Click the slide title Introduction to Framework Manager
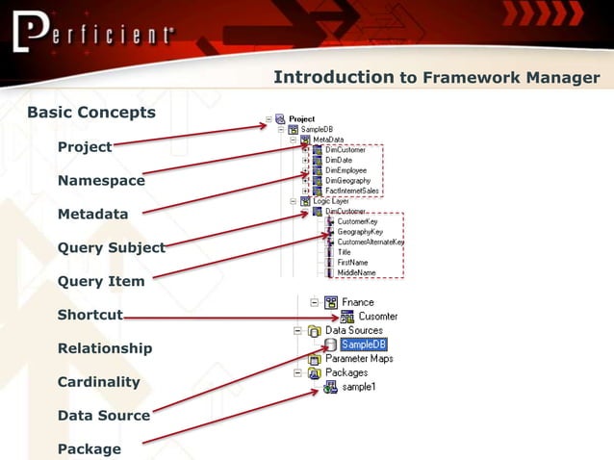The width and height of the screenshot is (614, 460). pyautogui.click(x=436, y=78)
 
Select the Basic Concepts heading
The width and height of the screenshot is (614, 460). pyautogui.click(x=90, y=113)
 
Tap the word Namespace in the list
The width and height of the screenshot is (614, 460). pyautogui.click(x=101, y=181)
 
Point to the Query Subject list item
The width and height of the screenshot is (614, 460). pyautogui.click(x=111, y=248)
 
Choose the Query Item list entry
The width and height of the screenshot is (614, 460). pyautogui.click(x=101, y=282)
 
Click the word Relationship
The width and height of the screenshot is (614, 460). pyautogui.click(x=104, y=348)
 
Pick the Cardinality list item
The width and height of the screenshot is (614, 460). pyautogui.click(x=98, y=382)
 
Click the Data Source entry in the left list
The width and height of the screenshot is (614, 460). pyautogui.click(x=103, y=416)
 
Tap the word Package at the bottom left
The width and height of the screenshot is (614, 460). pyautogui.click(x=89, y=449)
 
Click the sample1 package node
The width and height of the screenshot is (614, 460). pyautogui.click(x=359, y=387)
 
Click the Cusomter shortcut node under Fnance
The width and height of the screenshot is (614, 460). pyautogui.click(x=377, y=317)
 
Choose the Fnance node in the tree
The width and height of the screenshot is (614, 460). pyautogui.click(x=357, y=302)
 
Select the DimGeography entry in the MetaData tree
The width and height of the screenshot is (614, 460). pyautogui.click(x=347, y=180)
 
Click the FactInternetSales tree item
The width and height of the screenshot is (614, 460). pyautogui.click(x=351, y=191)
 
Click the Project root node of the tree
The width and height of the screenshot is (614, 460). pyautogui.click(x=301, y=119)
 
